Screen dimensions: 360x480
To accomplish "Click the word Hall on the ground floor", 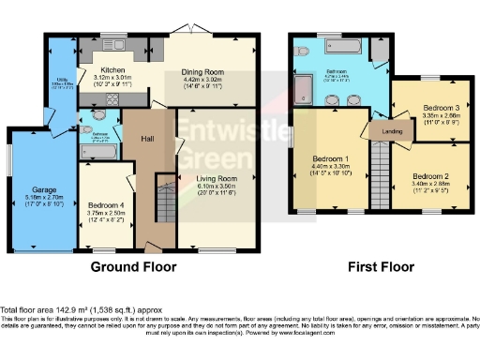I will coord(147,139).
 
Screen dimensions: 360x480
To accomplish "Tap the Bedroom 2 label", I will coord(428,176).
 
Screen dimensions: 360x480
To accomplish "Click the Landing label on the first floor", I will coord(394,131).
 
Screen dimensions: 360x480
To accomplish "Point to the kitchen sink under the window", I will coord(114,45).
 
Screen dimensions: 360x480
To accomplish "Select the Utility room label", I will coord(60,81).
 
